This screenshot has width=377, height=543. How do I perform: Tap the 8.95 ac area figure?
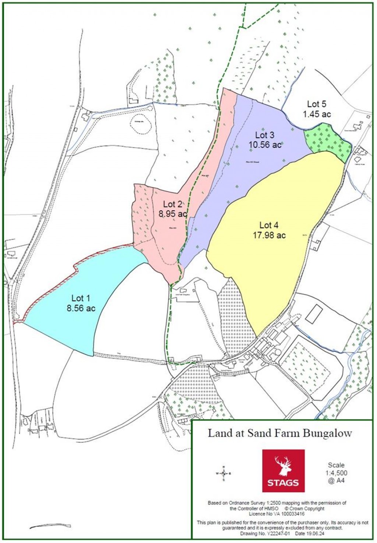[173, 214]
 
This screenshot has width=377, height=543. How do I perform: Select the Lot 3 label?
[264, 135]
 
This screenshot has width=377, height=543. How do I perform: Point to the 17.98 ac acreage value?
[269, 235]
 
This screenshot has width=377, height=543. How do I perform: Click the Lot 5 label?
[317, 104]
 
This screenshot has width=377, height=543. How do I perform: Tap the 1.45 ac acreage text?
[317, 114]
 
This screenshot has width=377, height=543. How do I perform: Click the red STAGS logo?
[283, 471]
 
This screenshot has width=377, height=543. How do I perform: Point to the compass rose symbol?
[223, 473]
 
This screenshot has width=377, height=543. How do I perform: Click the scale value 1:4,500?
[336, 473]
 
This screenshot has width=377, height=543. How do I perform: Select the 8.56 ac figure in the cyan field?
[81, 308]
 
